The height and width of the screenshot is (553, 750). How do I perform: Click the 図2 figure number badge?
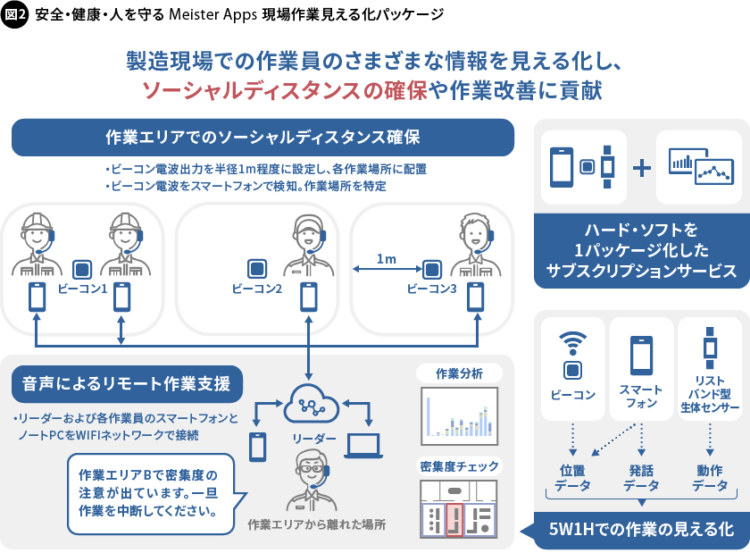17,15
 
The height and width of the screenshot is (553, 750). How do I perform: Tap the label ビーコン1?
82,289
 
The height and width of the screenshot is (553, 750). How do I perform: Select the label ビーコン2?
257,289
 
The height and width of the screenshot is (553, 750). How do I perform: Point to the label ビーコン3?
432,289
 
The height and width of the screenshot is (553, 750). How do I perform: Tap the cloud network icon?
310,407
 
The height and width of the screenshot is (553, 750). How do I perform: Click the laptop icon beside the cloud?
363,445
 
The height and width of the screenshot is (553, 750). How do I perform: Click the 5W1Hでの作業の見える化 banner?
642,528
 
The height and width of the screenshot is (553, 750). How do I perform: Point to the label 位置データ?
572,477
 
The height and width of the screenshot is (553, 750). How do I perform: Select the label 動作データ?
711,477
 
